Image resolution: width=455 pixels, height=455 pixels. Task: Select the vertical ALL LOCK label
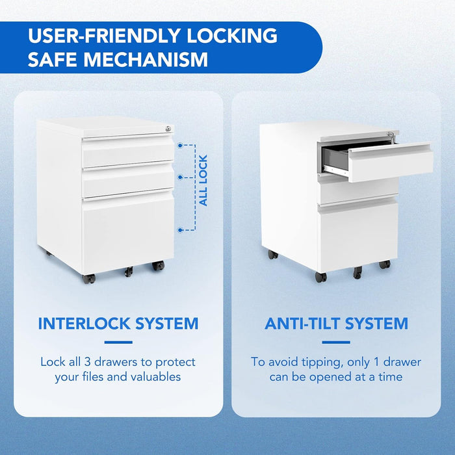click(203, 181)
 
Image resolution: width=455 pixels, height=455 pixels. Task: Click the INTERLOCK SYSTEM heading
click(118, 323)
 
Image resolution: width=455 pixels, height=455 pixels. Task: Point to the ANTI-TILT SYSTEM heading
click(336, 323)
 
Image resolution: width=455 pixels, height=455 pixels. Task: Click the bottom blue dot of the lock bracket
click(179, 229)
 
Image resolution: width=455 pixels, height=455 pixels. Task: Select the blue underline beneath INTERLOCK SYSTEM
click(118, 342)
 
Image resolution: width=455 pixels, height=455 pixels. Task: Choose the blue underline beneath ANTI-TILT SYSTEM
click(336, 342)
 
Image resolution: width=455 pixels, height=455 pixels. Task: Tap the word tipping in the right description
click(315, 361)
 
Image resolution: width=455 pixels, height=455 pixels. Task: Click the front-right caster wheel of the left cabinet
click(158, 266)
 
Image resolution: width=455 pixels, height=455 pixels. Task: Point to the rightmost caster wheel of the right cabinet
click(385, 265)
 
